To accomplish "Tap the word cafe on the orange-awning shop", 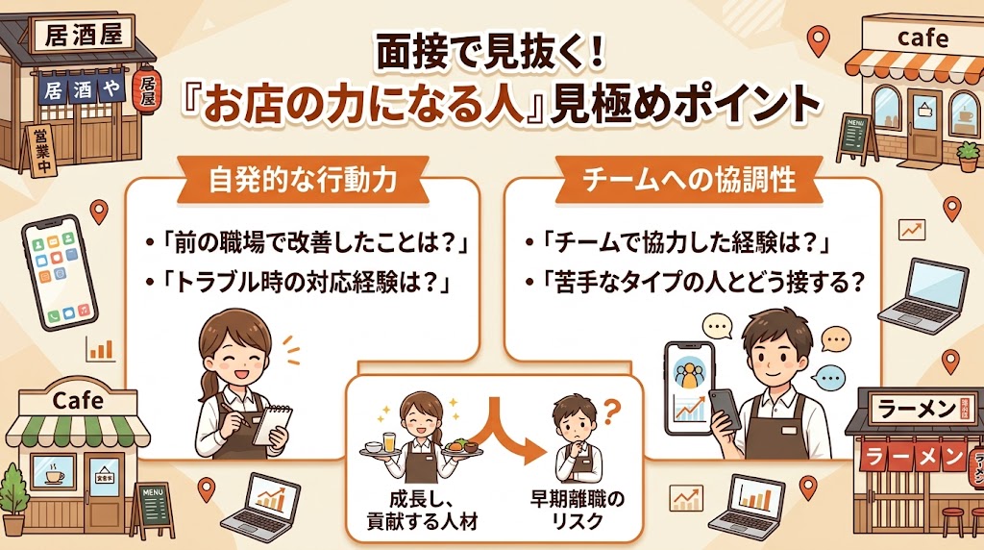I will (x=922, y=38).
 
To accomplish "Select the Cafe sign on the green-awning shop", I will (x=79, y=400).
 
